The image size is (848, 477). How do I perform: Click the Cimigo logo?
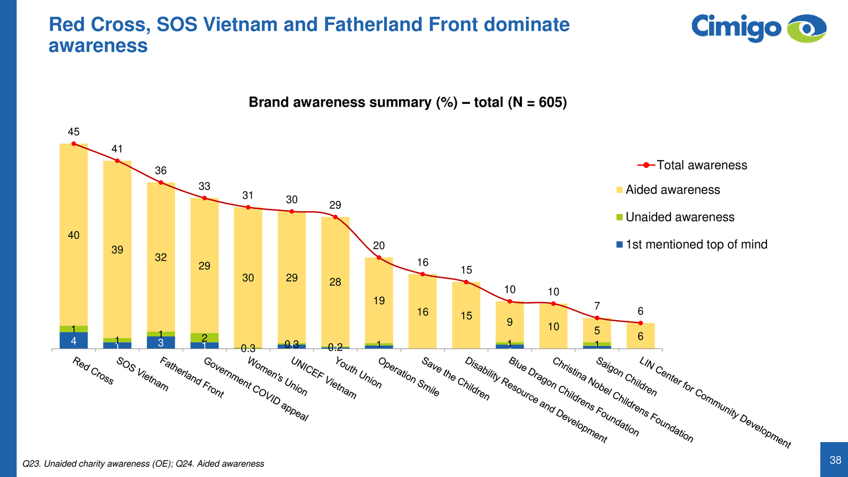(x=758, y=28)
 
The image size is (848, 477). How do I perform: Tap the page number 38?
(x=835, y=460)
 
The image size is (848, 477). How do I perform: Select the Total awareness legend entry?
(x=692, y=165)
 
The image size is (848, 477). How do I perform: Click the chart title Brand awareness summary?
(x=408, y=102)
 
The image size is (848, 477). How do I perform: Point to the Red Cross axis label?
(x=93, y=371)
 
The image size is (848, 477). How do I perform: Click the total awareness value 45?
(x=74, y=132)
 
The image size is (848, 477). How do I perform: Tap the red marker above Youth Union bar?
(x=335, y=217)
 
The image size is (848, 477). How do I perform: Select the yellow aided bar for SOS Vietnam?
(x=117, y=249)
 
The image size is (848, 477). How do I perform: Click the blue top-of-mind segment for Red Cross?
(x=74, y=341)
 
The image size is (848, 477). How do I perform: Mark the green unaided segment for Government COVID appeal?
(x=205, y=338)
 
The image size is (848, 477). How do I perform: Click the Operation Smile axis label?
(x=408, y=377)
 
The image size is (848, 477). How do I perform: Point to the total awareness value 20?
(x=379, y=245)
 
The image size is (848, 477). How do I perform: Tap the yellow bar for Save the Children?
(x=422, y=312)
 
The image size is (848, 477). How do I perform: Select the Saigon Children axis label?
(x=626, y=377)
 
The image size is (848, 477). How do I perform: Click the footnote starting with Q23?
(x=143, y=464)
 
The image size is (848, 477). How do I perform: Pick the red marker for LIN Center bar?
(x=640, y=323)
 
